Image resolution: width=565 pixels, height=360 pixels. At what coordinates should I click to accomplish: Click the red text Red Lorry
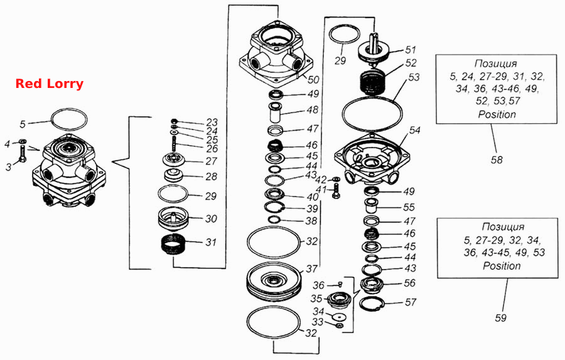click(x=50, y=84)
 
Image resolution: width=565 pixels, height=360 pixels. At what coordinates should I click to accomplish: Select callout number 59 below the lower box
click(x=500, y=318)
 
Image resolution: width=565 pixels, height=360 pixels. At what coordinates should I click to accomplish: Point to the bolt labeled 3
click(x=22, y=155)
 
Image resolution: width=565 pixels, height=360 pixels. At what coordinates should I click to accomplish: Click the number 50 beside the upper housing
click(x=313, y=80)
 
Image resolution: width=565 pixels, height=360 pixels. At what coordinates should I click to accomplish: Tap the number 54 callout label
click(x=414, y=130)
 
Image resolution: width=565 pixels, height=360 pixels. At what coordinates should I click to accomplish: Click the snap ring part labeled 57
click(x=371, y=305)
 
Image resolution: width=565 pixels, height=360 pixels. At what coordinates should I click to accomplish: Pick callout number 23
click(x=212, y=122)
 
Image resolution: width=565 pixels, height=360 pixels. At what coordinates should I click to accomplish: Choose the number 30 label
click(x=211, y=219)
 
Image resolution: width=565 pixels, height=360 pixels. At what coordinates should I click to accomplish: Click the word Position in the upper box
click(x=497, y=114)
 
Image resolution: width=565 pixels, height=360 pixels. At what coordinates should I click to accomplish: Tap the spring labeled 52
click(x=374, y=82)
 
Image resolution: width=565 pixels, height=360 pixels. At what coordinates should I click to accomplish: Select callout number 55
click(x=409, y=207)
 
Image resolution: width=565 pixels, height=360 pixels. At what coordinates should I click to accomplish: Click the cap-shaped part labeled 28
click(x=173, y=175)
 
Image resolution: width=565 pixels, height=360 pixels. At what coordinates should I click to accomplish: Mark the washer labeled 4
click(x=21, y=141)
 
